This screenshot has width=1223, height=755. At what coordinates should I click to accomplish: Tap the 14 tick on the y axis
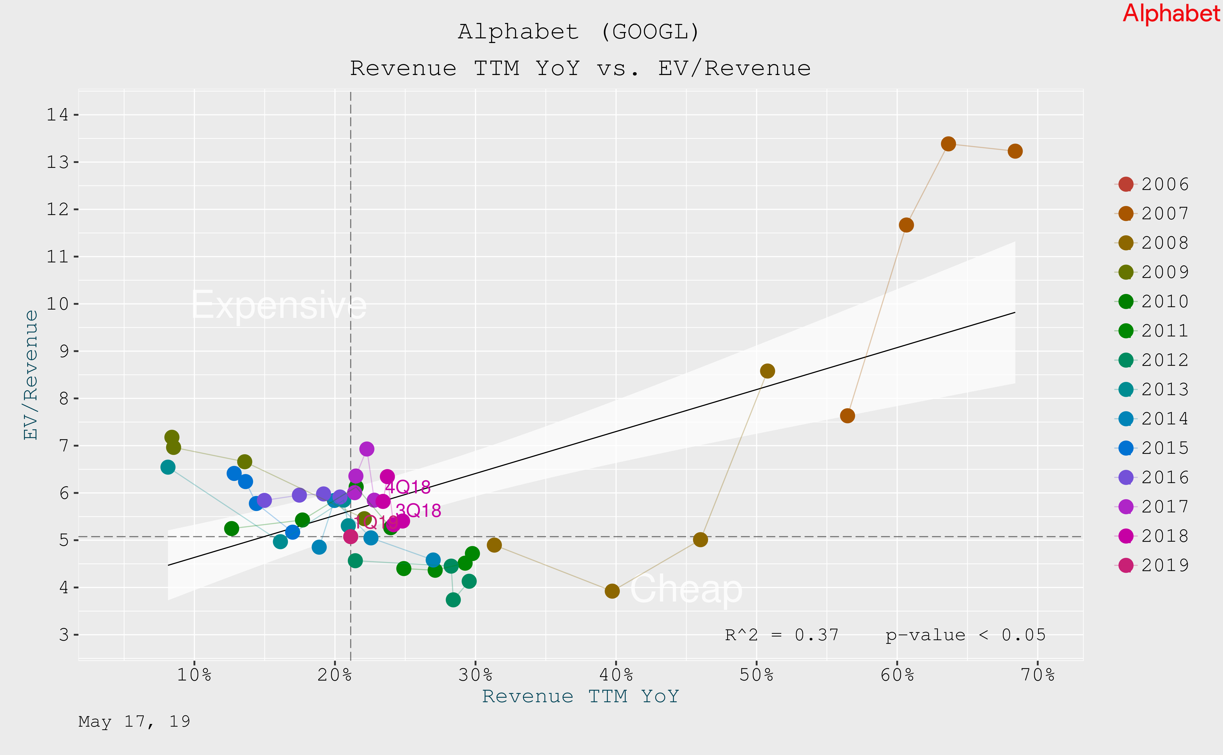pyautogui.click(x=57, y=115)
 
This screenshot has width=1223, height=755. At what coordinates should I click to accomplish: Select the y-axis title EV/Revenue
pyautogui.click(x=31, y=375)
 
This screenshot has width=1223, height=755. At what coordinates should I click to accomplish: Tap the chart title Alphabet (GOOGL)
pyautogui.click(x=579, y=32)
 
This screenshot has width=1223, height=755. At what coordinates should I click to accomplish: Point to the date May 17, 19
pyautogui.click(x=134, y=722)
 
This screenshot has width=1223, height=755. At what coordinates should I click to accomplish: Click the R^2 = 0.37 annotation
pyautogui.click(x=781, y=635)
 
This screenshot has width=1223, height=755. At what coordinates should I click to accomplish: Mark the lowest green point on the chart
pyautogui.click(x=453, y=600)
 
